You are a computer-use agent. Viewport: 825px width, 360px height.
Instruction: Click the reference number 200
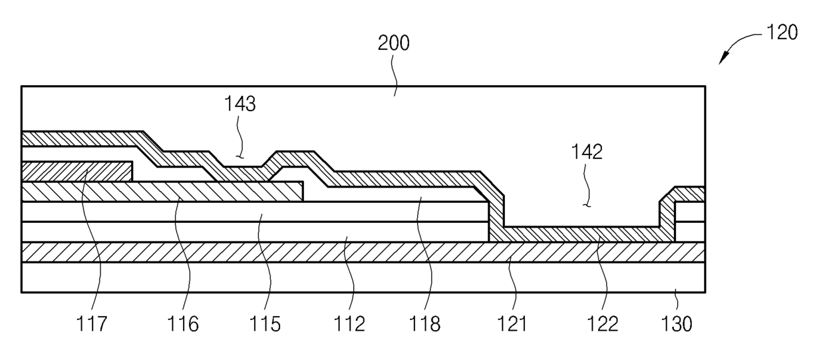[x=394, y=45]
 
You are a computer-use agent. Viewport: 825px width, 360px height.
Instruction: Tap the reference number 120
[x=781, y=32]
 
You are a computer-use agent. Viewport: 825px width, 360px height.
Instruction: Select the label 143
[x=240, y=104]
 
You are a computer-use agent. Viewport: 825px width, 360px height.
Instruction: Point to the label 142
[x=586, y=152]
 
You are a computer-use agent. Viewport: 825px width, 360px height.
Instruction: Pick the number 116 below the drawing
[x=183, y=324]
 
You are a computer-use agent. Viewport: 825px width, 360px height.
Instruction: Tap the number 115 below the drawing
[x=265, y=324]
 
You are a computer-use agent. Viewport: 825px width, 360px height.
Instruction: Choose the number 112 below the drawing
[x=350, y=324]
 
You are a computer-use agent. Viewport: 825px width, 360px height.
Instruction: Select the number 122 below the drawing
[x=602, y=324]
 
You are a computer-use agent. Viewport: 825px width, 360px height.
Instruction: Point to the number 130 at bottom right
[x=677, y=324]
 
